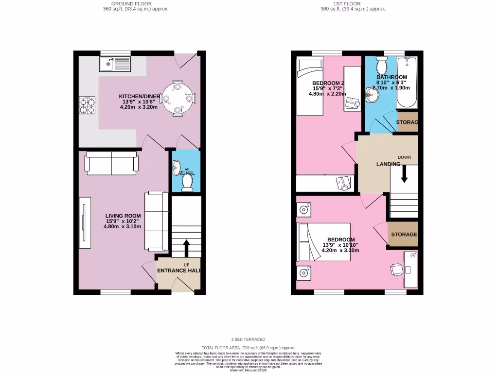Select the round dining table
pos(178,98)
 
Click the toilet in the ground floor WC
pos(186,182)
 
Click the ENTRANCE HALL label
pos(178,271)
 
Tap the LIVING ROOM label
pos(124,216)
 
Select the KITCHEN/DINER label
pos(140,96)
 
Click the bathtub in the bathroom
pos(407,83)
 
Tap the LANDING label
pos(388,164)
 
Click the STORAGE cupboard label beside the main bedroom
pos(404,235)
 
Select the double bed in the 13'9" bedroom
pos(324,242)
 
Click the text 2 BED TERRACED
pos(249,339)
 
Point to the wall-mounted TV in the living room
pos(84,222)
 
